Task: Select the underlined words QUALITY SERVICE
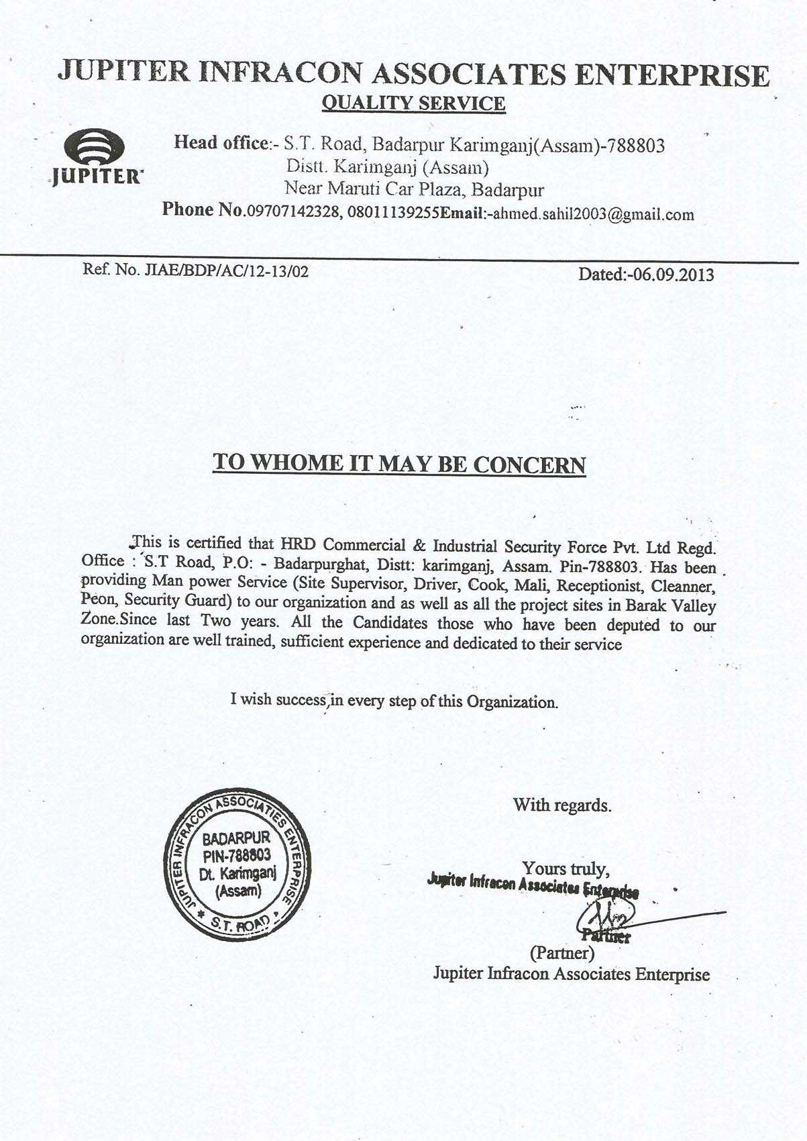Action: pos(413,103)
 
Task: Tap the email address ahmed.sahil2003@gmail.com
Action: pos(593,215)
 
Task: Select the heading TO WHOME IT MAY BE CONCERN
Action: pos(399,464)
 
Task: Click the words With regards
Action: pos(562,805)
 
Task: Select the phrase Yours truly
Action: pos(566,869)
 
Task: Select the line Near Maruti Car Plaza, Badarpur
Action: pos(414,189)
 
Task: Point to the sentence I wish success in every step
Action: pos(394,701)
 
